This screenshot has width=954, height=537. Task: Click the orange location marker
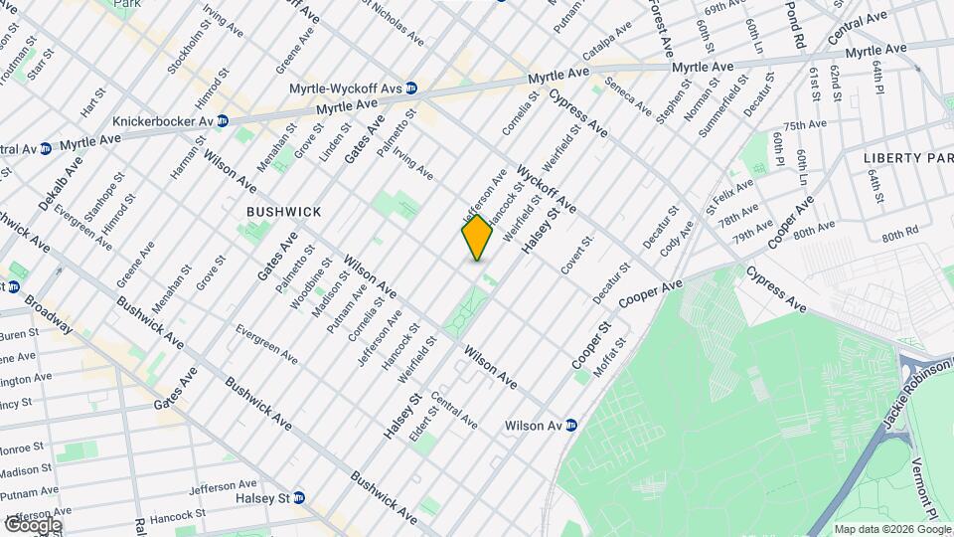pos(477,237)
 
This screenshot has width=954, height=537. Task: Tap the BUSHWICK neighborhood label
pos(284,212)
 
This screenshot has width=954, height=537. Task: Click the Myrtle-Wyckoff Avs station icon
pos(410,89)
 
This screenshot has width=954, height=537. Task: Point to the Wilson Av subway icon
pos(571,426)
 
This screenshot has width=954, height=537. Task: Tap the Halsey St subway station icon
pos(298,497)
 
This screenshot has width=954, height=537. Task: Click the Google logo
pos(32,524)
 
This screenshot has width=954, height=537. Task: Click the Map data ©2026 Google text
pos(890,528)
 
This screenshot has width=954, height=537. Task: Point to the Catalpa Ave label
pos(607,41)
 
